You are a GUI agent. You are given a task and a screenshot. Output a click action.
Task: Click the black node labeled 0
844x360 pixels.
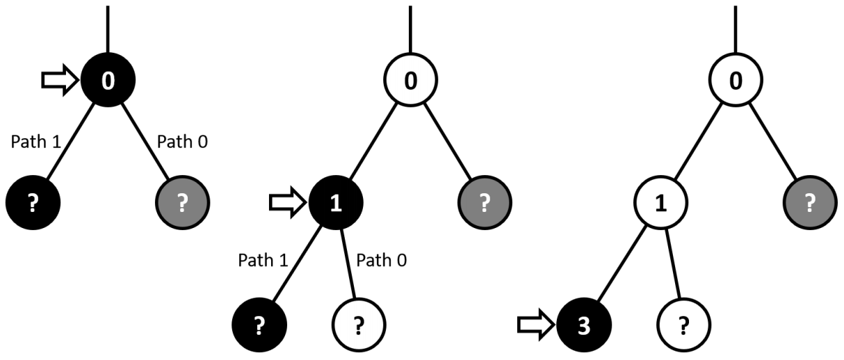pyautogui.click(x=108, y=81)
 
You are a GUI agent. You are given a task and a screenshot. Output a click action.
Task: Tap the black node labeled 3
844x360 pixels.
pyautogui.click(x=584, y=324)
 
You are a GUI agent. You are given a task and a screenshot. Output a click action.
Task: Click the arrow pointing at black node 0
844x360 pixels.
pyautogui.click(x=58, y=81)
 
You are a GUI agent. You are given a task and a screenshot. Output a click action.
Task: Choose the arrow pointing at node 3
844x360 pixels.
pyautogui.click(x=535, y=324)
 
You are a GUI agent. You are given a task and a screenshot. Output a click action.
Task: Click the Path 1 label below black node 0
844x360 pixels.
pyautogui.click(x=36, y=142)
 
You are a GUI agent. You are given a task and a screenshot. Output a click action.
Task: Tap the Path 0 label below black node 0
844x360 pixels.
pyautogui.click(x=182, y=142)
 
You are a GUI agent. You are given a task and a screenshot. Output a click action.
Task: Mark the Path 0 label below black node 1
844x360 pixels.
pyautogui.click(x=382, y=261)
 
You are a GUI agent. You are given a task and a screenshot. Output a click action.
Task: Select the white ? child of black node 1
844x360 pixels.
pyautogui.click(x=359, y=324)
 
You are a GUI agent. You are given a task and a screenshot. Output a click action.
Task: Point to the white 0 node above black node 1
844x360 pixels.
pyautogui.click(x=410, y=81)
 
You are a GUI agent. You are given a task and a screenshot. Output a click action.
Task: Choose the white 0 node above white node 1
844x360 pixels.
pyautogui.click(x=735, y=81)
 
